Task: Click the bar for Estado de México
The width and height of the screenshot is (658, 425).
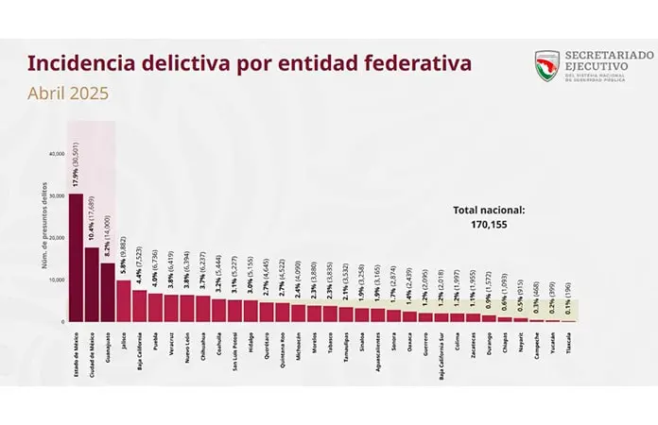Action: coord(75,257)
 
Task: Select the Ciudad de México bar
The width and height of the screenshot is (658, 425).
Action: coord(91,283)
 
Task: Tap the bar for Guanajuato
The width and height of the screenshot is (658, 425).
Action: coord(107,292)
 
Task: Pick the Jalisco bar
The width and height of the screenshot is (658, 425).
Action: coord(123,300)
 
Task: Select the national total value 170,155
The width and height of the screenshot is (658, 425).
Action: coord(488,226)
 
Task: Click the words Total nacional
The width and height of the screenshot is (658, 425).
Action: coord(488,212)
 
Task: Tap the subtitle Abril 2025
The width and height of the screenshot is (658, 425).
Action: coord(68,93)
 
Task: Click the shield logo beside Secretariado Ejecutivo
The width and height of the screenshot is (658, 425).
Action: coord(546,66)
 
